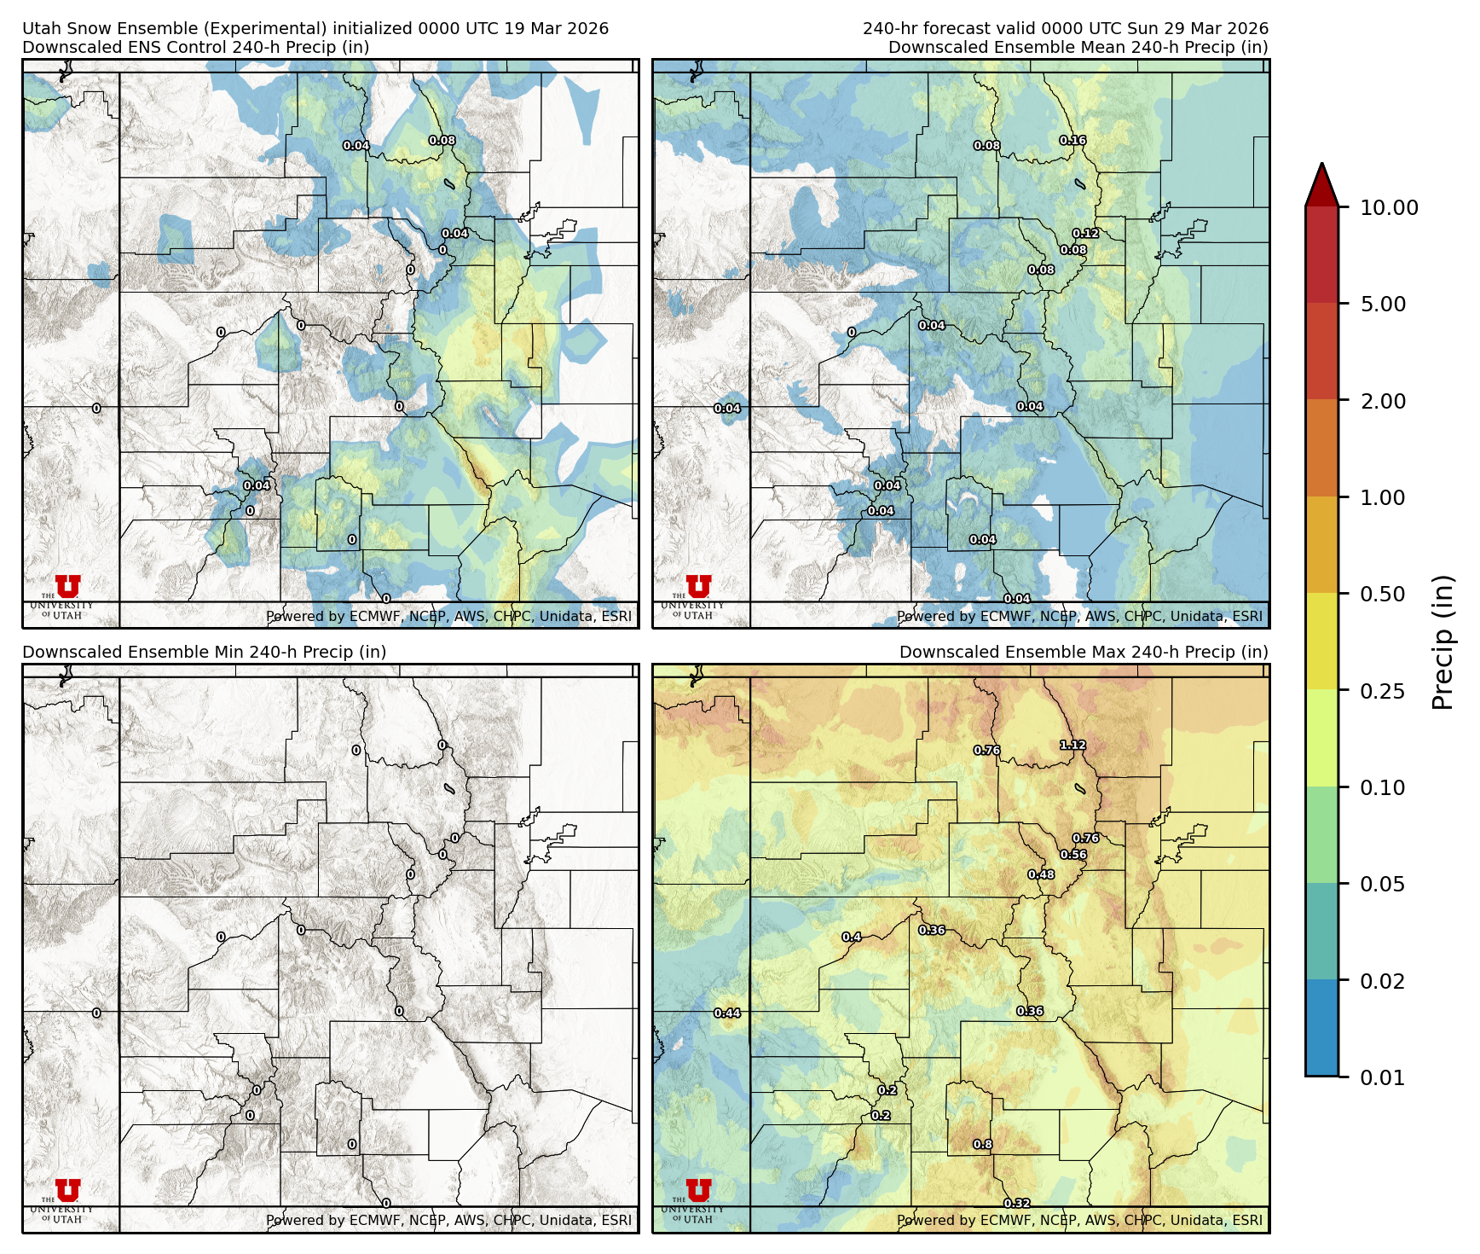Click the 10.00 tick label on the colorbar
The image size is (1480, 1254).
pos(1389,208)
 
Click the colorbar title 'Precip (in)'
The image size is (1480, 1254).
pos(1442,642)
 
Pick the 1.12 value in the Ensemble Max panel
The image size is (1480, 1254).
pos(1072,745)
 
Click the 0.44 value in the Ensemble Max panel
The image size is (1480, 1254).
pos(727,1013)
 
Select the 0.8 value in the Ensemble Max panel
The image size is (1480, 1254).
pos(983,1145)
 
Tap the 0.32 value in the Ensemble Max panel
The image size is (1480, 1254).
pos(1017,1203)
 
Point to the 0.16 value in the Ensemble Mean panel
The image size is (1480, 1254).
pos(1072,141)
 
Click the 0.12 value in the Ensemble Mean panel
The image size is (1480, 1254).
pos(1085,233)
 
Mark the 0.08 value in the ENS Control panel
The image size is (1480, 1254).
pos(442,141)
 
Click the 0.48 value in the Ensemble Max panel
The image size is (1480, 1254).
pos(1041,874)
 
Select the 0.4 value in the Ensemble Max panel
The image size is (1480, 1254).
pos(851,937)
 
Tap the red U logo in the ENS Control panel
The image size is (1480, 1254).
pos(67,586)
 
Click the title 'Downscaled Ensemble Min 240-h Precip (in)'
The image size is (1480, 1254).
pos(205,652)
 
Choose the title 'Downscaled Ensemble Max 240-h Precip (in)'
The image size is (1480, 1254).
pos(1084,652)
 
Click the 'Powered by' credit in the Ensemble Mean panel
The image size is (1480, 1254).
pos(1079,616)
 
